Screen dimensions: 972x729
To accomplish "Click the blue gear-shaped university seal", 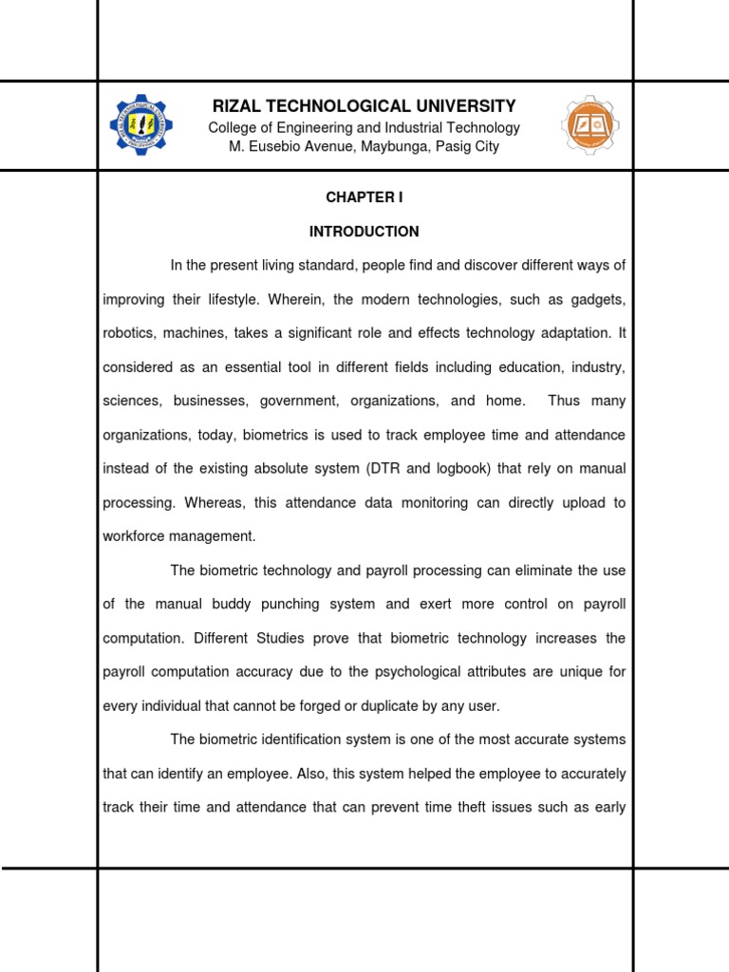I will [141, 125].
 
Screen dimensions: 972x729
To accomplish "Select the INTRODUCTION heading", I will [364, 232].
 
